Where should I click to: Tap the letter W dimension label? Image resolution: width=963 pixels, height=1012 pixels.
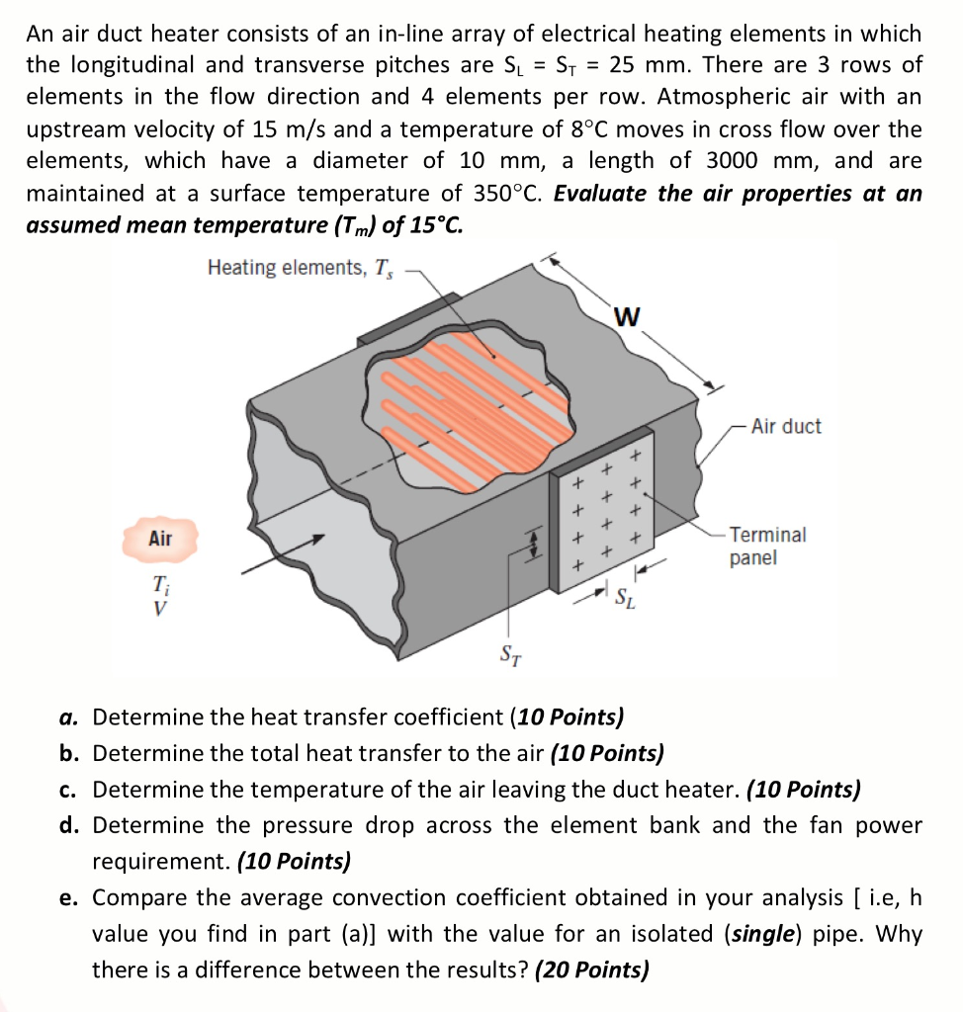(x=626, y=317)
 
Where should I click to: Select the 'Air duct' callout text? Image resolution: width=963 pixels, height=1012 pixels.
(x=785, y=427)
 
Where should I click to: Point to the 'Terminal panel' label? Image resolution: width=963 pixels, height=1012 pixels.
(x=768, y=546)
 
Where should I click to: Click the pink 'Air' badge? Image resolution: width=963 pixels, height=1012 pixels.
(x=160, y=539)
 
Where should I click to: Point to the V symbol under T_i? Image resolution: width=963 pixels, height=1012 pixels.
(x=158, y=608)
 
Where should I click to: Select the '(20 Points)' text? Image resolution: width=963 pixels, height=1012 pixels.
(x=591, y=970)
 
